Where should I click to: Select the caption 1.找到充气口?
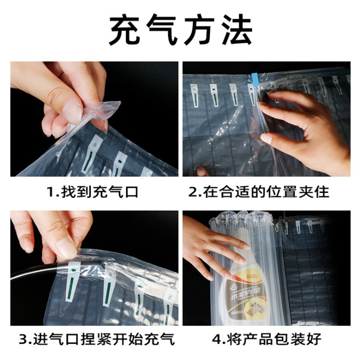(93, 193)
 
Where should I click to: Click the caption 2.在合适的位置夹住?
(259, 193)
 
